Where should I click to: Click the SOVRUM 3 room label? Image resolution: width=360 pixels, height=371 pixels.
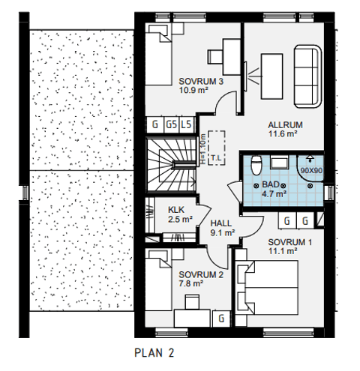(x=201, y=82)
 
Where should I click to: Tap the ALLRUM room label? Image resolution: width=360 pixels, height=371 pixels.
(x=285, y=124)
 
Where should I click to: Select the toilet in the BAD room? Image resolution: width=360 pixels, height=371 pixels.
(x=256, y=165)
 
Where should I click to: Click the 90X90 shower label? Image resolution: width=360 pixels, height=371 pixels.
(x=311, y=171)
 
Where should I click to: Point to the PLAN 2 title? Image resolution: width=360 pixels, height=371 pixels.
(x=154, y=353)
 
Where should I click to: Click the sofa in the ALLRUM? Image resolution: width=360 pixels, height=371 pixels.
(x=307, y=76)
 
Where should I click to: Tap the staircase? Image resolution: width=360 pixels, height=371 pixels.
(x=171, y=165)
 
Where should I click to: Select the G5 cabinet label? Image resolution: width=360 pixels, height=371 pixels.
(x=172, y=124)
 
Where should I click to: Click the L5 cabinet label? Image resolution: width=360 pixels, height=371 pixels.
(x=186, y=124)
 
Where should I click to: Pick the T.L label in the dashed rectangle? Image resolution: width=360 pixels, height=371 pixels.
(x=216, y=158)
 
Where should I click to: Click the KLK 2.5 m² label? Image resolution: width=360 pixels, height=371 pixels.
(x=180, y=214)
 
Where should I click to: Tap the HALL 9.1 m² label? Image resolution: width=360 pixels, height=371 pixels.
(x=222, y=228)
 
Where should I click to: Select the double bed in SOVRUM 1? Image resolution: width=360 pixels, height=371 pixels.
(x=267, y=288)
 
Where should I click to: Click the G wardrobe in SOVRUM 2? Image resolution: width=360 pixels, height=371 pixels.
(x=221, y=319)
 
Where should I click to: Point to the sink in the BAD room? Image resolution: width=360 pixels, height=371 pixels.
(x=279, y=162)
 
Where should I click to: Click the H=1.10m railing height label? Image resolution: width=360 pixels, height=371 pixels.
(x=203, y=149)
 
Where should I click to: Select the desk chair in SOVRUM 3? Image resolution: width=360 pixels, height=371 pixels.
(x=215, y=57)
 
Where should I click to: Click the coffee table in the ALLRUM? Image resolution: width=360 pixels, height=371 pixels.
(x=272, y=76)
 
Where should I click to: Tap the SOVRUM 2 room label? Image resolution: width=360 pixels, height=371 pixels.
(x=201, y=275)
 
